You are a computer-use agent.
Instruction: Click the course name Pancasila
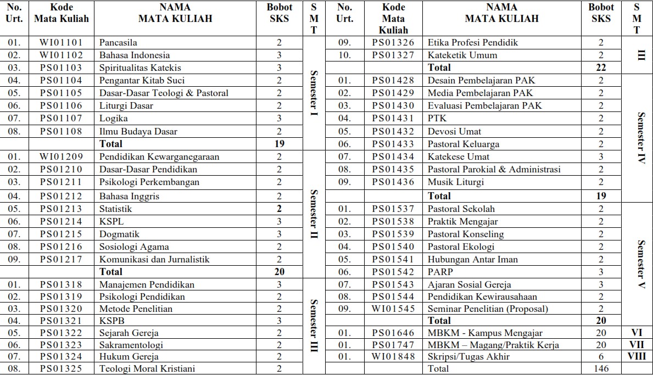pos(118,42)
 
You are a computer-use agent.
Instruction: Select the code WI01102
pos(61,55)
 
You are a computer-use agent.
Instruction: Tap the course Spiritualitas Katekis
pos(140,68)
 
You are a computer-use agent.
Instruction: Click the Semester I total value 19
pos(280,144)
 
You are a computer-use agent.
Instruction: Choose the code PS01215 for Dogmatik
pos(61,234)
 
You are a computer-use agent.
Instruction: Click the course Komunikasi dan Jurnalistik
pos(154,259)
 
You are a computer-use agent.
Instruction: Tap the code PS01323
pos(61,345)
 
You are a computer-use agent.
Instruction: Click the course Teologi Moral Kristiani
pos(147,368)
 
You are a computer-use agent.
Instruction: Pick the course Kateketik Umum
pos(462,55)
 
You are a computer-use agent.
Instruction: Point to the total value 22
pos(601,68)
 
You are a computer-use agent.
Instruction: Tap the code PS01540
pos(393,247)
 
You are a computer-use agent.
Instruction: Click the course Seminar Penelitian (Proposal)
pos(488,309)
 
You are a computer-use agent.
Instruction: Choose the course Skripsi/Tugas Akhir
pos(468,356)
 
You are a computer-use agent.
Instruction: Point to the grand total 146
pos(601,369)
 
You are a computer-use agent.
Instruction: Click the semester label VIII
pos(637,356)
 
